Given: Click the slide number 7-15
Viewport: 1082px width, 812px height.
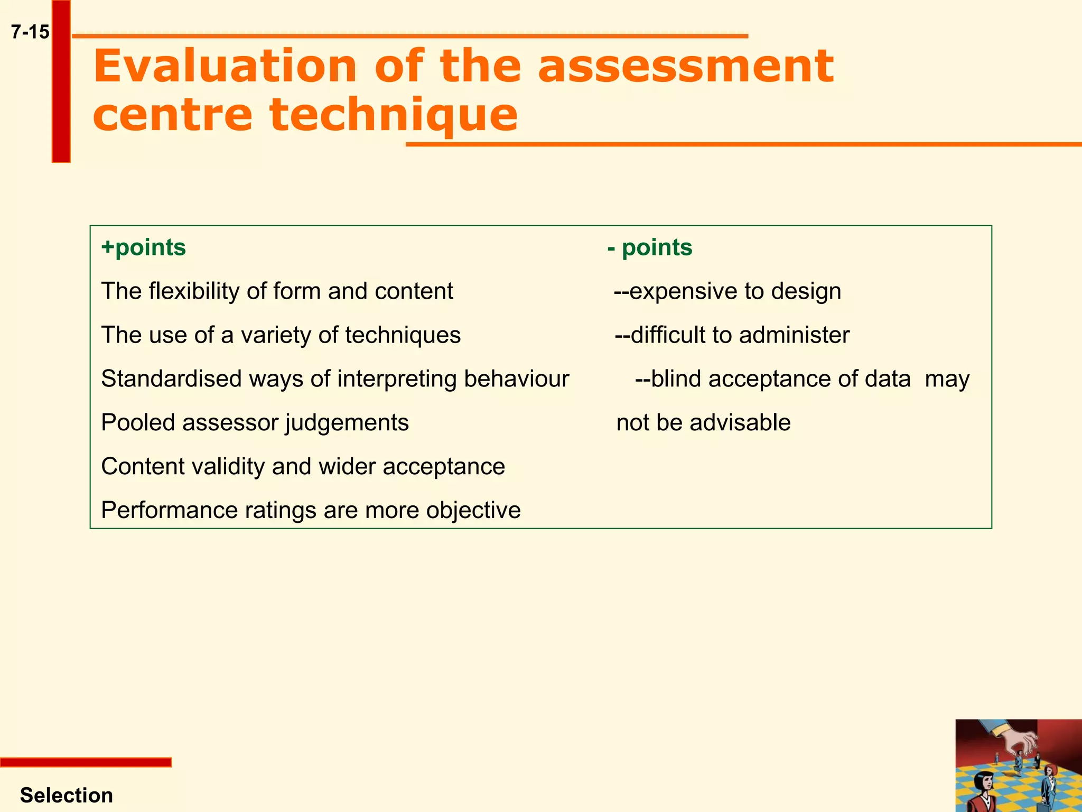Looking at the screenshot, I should pyautogui.click(x=30, y=32).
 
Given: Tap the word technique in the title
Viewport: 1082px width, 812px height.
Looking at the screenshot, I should pyautogui.click(x=394, y=115).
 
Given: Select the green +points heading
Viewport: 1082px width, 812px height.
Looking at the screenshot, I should pyautogui.click(x=144, y=247).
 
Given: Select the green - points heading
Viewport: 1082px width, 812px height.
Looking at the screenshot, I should pyautogui.click(x=650, y=247).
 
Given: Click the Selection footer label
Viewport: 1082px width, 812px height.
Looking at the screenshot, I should pyautogui.click(x=67, y=795).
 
